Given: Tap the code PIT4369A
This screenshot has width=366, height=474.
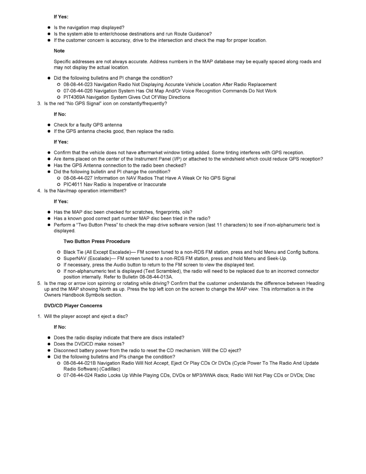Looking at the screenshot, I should (75, 97).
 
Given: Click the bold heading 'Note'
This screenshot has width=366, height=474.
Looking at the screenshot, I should (59, 51).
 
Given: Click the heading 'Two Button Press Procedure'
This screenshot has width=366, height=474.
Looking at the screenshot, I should (96, 241).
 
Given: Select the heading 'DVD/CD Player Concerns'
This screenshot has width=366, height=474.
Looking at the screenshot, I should (73, 306).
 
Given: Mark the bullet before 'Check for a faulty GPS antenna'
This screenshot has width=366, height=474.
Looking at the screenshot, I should (49, 125).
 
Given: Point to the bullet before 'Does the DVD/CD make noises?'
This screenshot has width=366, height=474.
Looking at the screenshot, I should (49, 344).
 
